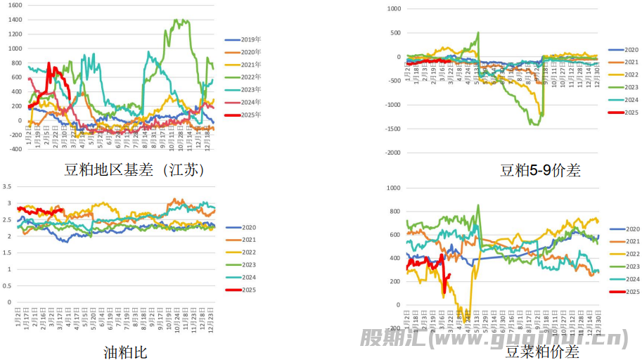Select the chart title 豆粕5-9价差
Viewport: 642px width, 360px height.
540,169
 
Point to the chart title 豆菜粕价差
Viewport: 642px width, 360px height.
543,350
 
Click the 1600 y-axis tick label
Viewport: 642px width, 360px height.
15,5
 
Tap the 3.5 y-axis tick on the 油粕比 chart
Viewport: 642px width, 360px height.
8,186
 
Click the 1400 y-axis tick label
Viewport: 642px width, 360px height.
15,20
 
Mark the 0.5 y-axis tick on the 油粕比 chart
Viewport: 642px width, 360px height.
8,285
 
